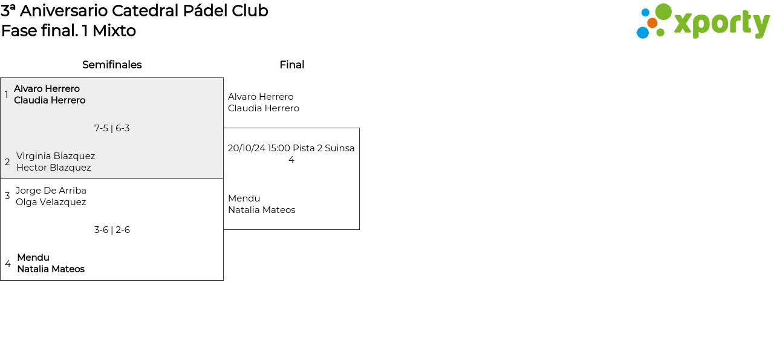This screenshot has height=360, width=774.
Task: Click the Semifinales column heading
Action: (x=112, y=65)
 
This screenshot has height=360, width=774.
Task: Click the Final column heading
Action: (x=292, y=65)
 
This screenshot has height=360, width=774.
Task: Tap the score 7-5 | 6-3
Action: (x=112, y=128)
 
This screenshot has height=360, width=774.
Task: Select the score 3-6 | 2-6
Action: (x=112, y=230)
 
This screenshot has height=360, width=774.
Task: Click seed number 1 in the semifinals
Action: (x=6, y=94)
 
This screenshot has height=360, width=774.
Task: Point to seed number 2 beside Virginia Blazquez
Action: (x=7, y=162)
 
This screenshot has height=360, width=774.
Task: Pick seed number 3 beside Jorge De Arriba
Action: (x=7, y=196)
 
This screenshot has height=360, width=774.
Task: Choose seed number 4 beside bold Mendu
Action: (x=8, y=264)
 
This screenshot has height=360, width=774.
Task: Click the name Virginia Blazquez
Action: (x=56, y=156)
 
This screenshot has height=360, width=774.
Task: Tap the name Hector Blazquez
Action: (x=54, y=168)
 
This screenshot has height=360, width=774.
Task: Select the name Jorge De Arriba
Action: (x=51, y=191)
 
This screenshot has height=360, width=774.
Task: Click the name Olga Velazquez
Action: (x=51, y=202)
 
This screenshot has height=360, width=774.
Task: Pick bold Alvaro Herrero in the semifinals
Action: (x=47, y=89)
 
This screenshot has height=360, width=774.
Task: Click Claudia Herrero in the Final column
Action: (x=264, y=108)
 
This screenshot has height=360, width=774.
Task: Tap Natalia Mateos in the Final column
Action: (x=262, y=210)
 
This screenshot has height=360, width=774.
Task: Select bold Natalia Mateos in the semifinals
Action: (x=51, y=269)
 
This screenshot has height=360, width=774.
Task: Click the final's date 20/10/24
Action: (x=247, y=148)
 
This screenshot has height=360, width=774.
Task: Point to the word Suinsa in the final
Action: (x=340, y=148)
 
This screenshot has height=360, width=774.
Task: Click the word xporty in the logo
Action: (x=722, y=24)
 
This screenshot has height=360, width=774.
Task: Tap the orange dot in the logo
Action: (x=652, y=23)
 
